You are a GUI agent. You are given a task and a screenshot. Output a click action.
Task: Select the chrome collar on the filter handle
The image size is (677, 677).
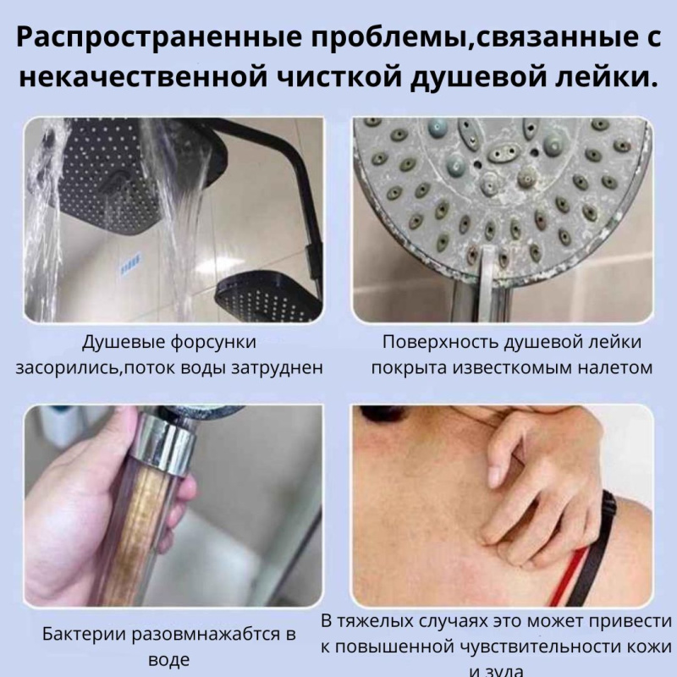coord(169,439)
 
